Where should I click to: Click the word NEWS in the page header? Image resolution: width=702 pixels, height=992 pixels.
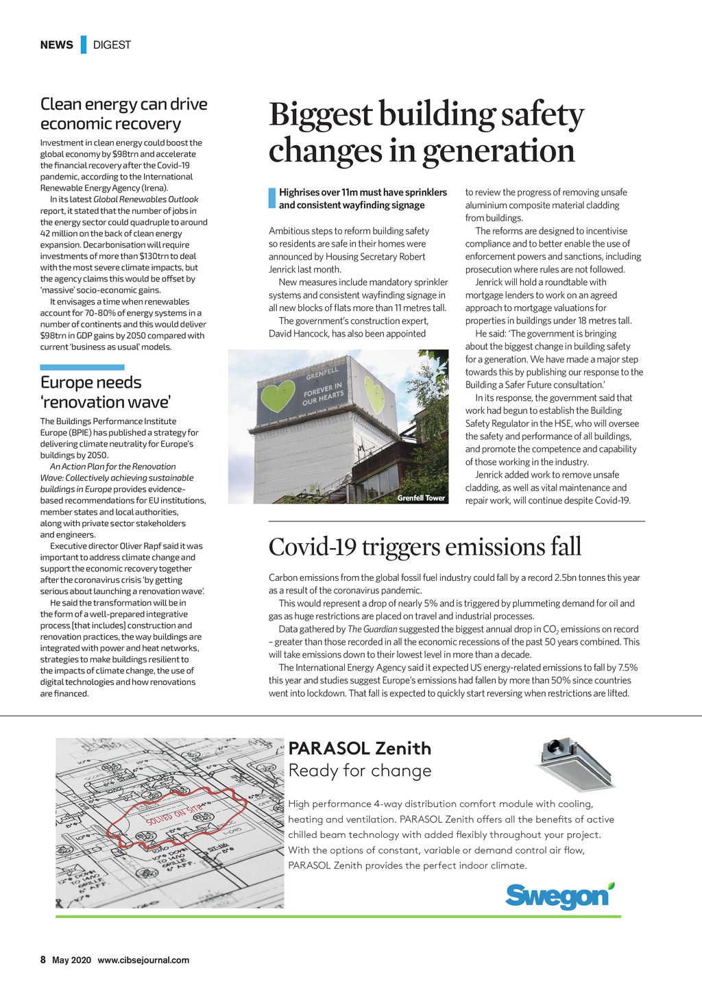56,45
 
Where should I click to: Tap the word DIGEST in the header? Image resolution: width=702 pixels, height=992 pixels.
112,45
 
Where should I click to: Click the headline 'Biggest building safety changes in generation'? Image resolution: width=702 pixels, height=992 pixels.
426,132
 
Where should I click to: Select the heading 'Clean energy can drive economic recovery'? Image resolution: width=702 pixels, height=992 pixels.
123,114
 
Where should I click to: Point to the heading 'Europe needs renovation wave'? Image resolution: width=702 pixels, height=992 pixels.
105,392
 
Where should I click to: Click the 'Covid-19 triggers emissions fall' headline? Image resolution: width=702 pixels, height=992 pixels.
424,547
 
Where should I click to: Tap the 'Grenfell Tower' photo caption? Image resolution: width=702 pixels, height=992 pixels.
421,498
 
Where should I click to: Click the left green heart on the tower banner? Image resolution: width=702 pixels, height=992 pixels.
278,395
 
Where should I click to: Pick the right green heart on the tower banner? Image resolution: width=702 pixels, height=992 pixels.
374,394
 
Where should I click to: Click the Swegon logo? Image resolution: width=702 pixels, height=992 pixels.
559,895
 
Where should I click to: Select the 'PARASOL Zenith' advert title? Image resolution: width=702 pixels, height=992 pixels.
360,748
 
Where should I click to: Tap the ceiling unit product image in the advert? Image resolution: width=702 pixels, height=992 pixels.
576,764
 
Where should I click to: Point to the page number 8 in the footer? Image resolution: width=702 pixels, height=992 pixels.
43,960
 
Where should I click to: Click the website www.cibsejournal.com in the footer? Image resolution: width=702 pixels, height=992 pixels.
143,960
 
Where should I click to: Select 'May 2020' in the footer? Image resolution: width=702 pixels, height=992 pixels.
71,960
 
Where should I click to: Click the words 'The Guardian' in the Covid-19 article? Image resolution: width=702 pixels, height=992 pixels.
372,629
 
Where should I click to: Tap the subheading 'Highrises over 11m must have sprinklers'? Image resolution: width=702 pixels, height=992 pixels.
363,193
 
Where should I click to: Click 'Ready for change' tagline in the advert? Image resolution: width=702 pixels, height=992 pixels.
360,771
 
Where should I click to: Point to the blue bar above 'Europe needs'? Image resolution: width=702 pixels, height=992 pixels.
82,367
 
